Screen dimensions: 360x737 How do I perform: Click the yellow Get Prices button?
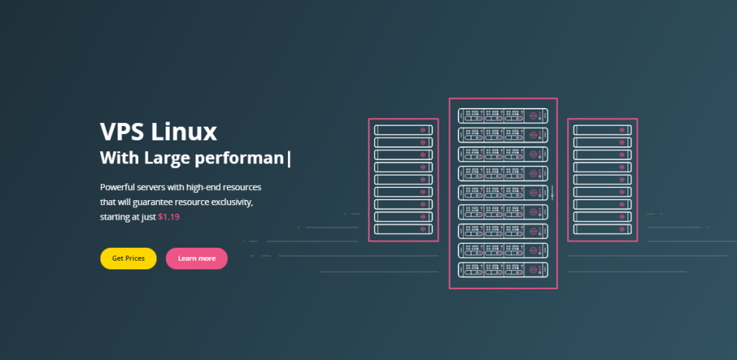coord(128,258)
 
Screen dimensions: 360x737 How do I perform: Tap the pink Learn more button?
coord(196,258)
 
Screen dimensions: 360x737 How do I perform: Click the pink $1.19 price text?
coord(168,217)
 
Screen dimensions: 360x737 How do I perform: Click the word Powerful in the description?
coord(117,186)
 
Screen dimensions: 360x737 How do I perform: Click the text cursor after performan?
coord(289,158)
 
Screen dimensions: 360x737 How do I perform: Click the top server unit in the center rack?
coord(503,115)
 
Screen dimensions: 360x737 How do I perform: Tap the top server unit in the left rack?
coord(403,130)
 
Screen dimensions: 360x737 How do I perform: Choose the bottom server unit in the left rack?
coord(403,229)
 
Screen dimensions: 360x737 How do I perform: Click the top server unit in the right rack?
coord(602,130)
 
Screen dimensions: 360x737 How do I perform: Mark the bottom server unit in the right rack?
coord(602,229)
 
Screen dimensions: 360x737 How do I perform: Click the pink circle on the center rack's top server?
coord(533,115)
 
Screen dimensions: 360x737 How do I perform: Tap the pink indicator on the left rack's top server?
coord(424,130)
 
